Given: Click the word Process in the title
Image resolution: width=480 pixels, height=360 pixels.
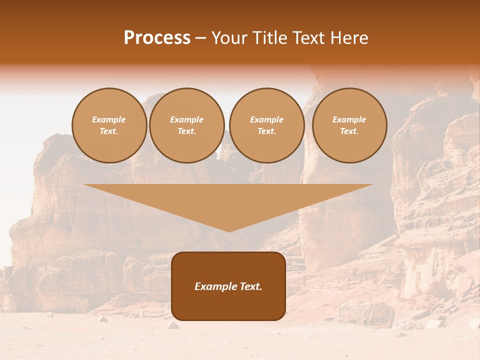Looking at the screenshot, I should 157,38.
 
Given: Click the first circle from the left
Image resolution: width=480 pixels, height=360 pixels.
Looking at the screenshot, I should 109,125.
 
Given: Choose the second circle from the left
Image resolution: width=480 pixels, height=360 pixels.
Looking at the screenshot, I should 186,125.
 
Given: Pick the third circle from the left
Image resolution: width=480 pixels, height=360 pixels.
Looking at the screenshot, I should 266,125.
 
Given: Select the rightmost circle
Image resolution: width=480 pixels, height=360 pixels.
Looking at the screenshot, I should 349,125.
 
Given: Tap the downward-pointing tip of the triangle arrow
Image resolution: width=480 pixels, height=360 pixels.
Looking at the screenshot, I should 228,231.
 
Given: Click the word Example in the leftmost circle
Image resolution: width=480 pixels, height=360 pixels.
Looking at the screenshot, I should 109,119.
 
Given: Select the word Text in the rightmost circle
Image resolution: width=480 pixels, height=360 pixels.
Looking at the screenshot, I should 348,131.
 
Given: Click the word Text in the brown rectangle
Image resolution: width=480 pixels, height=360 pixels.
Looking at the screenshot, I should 250,286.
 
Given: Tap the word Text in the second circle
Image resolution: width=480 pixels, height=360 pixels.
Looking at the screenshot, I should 186,131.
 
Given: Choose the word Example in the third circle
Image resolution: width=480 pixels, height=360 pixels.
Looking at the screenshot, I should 266,119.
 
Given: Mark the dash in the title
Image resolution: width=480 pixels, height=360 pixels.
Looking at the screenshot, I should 200,38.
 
